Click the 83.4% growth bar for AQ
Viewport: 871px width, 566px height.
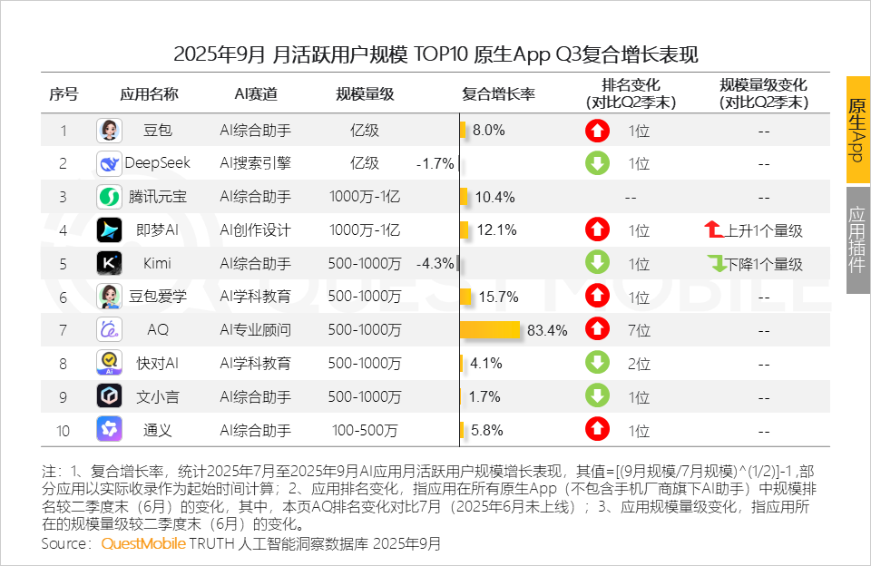point(491,330)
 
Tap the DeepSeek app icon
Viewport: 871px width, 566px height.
point(109,164)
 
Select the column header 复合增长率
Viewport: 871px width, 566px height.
point(498,94)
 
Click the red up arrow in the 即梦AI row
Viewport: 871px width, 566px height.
point(597,230)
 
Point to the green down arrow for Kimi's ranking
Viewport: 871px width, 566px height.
point(597,264)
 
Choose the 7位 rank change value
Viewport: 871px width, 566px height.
point(639,330)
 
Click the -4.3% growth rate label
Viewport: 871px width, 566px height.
point(435,264)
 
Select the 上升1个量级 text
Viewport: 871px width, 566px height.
point(763,230)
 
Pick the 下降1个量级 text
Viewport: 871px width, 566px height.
point(763,264)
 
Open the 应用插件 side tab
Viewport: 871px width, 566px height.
point(857,240)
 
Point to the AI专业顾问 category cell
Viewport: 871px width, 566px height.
point(255,330)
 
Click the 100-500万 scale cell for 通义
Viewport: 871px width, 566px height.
point(364,430)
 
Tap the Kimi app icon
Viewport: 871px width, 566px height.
point(109,264)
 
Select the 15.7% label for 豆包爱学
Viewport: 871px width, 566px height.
point(497,297)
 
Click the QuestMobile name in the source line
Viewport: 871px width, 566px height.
point(143,544)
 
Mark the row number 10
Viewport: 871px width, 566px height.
point(63,430)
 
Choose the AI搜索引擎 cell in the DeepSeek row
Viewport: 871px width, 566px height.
point(255,164)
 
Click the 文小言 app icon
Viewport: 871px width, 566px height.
point(109,396)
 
